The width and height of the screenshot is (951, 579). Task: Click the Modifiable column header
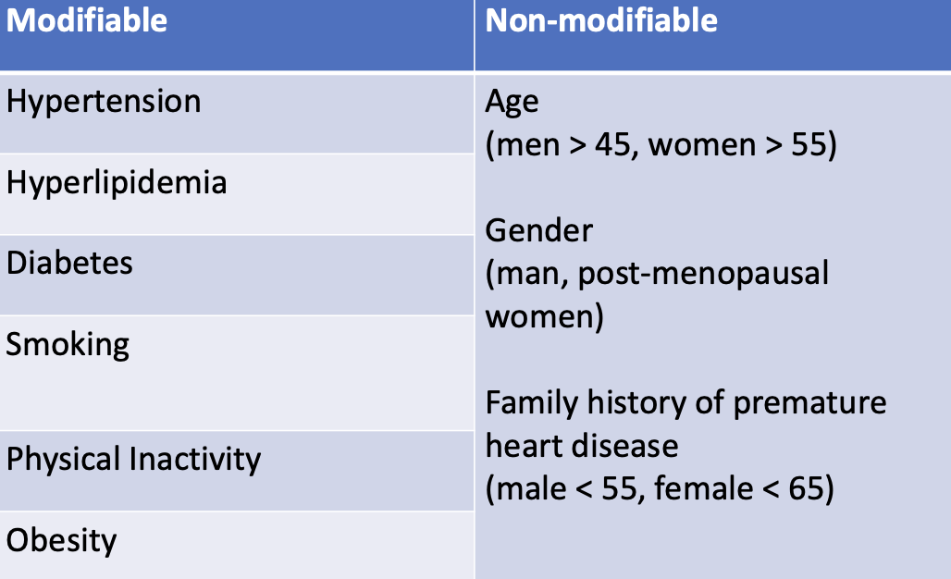[87, 20]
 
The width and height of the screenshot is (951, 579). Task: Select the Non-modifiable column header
[601, 20]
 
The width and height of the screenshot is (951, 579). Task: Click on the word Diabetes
[69, 263]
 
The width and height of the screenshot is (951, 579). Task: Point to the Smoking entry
[68, 346]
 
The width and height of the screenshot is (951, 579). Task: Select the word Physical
[63, 460]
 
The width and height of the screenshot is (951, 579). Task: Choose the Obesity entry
[61, 539]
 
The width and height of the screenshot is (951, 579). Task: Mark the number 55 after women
[809, 145]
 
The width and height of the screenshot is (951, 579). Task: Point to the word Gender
[539, 231]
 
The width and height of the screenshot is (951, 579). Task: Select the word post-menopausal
[703, 274]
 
